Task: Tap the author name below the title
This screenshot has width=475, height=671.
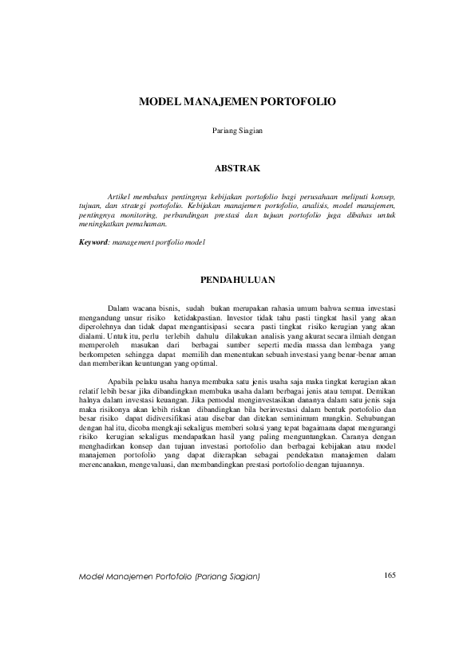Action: point(237,130)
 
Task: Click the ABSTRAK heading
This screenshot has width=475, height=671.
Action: point(237,169)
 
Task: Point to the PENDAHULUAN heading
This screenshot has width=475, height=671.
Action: point(237,280)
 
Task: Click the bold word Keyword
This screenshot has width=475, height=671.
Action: point(95,241)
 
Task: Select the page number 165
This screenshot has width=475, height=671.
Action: point(390,575)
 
